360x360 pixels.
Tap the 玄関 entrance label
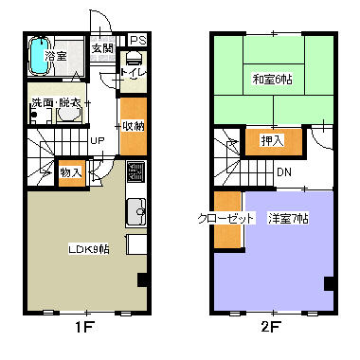tap(102, 48)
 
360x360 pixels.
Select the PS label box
tap(138, 41)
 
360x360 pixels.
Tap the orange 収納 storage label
tap(133, 126)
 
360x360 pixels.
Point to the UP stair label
tap(97, 142)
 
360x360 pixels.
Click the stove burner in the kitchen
tap(134, 172)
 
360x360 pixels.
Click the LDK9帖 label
tap(87, 249)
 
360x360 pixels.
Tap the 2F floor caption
tap(273, 332)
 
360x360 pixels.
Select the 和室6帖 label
tap(272, 79)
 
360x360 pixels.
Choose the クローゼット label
tap(226, 219)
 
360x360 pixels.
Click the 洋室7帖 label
tap(288, 219)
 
